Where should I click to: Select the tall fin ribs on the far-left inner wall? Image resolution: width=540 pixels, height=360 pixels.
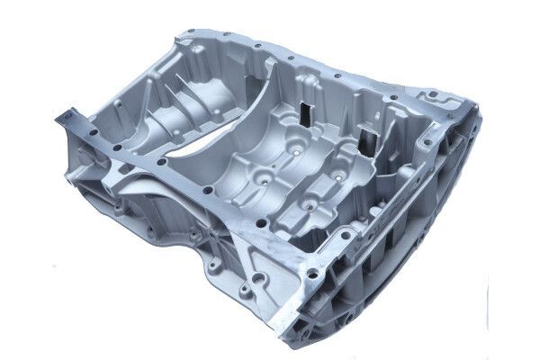coord(180,85)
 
